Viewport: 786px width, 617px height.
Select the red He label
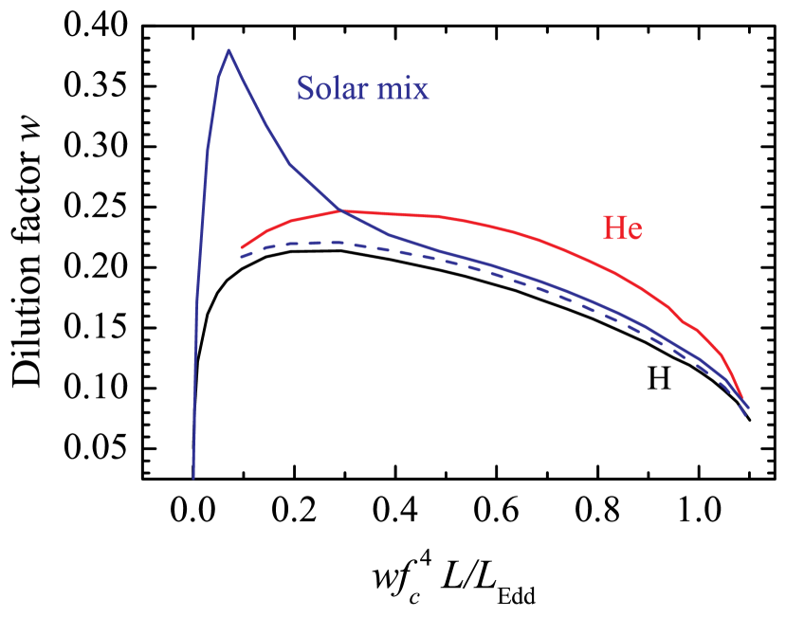[x=622, y=228]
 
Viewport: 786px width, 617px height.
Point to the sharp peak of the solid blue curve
[x=228, y=50]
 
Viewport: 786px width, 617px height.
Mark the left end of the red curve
[x=242, y=248]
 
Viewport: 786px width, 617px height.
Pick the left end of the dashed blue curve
[x=241, y=257]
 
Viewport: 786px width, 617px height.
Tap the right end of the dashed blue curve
[x=746, y=416]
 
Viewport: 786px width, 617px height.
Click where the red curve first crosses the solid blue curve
[x=340, y=210]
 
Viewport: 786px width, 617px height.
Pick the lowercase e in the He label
[x=634, y=231]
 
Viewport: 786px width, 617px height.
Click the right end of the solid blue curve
[x=749, y=408]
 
